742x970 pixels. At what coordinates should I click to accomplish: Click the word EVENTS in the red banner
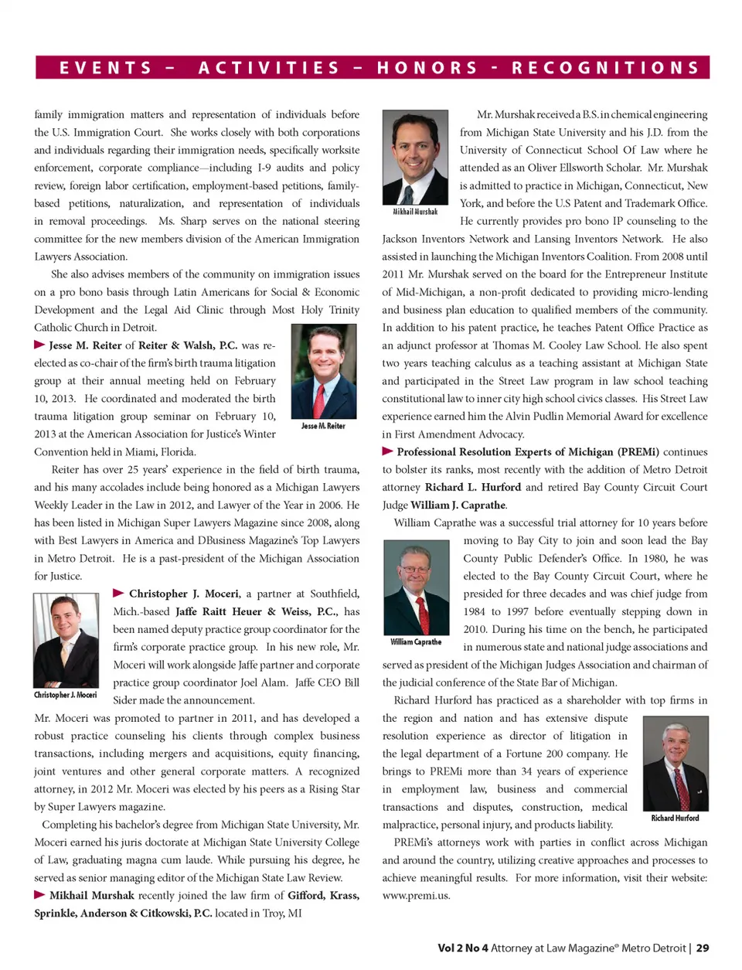coord(106,68)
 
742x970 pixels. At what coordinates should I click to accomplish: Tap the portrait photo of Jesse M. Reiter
coord(324,372)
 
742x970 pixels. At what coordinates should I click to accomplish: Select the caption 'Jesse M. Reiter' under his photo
coord(323,426)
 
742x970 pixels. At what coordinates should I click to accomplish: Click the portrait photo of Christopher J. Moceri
coord(66,640)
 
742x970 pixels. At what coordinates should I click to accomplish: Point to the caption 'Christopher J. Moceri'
coord(66,695)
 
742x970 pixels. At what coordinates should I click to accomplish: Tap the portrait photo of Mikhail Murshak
coord(415,157)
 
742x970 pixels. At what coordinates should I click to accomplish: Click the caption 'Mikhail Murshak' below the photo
coord(415,212)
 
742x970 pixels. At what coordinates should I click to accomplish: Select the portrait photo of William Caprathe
coord(416,587)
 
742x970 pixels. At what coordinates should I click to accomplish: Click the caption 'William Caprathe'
coord(416,642)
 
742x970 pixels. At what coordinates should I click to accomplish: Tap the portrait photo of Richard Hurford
coord(675,763)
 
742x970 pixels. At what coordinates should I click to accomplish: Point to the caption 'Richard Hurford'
coord(675,818)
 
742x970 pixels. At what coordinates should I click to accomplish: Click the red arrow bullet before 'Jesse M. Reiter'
coord(39,345)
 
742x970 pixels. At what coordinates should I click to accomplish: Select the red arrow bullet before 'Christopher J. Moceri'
coord(118,593)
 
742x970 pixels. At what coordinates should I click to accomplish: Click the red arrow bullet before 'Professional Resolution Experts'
coord(387,451)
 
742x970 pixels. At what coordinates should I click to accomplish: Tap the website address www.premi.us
coord(416,896)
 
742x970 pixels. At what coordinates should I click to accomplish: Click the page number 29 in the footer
coord(703,948)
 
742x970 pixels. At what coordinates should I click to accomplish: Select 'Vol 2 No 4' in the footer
coord(462,948)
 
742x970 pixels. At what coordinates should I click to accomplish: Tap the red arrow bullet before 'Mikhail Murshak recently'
coord(39,894)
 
